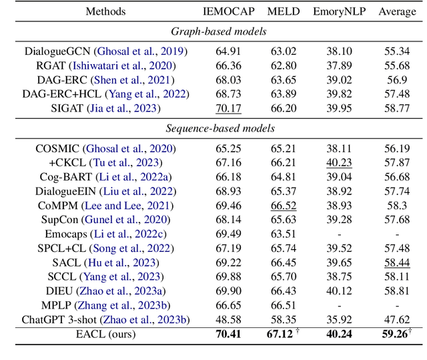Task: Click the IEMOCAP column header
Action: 228,11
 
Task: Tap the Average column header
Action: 397,11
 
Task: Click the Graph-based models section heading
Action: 213,31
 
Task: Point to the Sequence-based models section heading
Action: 213,128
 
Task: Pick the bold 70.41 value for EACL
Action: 228,334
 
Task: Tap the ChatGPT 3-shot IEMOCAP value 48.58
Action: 228,319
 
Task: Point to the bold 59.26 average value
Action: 395,334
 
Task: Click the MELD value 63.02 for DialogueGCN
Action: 284,51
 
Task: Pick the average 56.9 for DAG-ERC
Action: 397,80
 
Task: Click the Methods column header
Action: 106,11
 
